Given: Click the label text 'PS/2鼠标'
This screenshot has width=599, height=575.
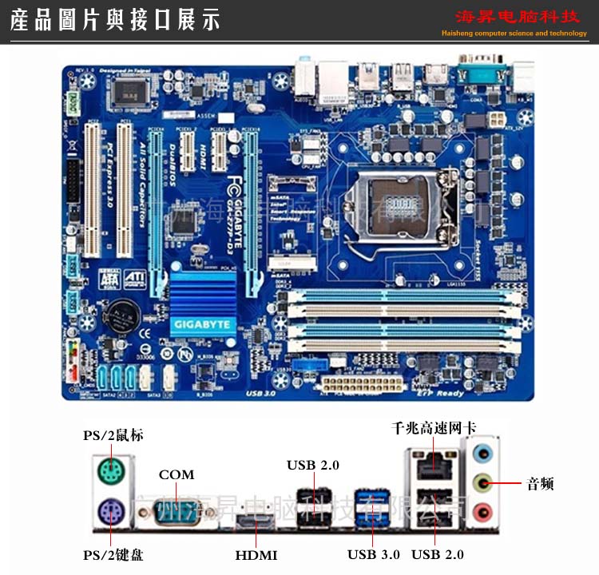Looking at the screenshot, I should (113, 435).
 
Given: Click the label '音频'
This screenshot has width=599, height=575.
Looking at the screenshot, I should (540, 483).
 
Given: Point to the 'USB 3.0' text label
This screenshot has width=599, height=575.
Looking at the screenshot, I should (374, 554).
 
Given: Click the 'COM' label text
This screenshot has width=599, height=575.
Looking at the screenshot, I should (177, 474).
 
